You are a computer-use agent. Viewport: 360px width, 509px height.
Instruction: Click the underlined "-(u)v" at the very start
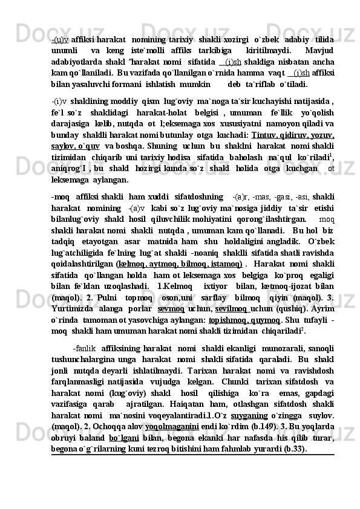[61, 39]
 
